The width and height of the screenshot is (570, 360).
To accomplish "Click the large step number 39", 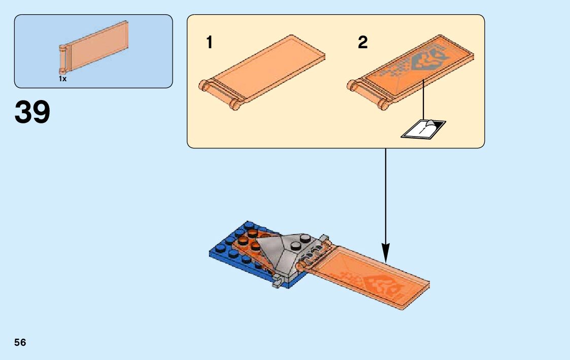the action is click(32, 112).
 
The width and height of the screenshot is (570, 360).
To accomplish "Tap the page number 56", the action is click(20, 342).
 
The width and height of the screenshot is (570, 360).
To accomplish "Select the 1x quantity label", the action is click(62, 79).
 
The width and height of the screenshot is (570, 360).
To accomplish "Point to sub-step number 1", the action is click(209, 43).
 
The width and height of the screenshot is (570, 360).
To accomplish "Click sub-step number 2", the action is click(362, 43).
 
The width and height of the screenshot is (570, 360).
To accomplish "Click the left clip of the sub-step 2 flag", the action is click(352, 85).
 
